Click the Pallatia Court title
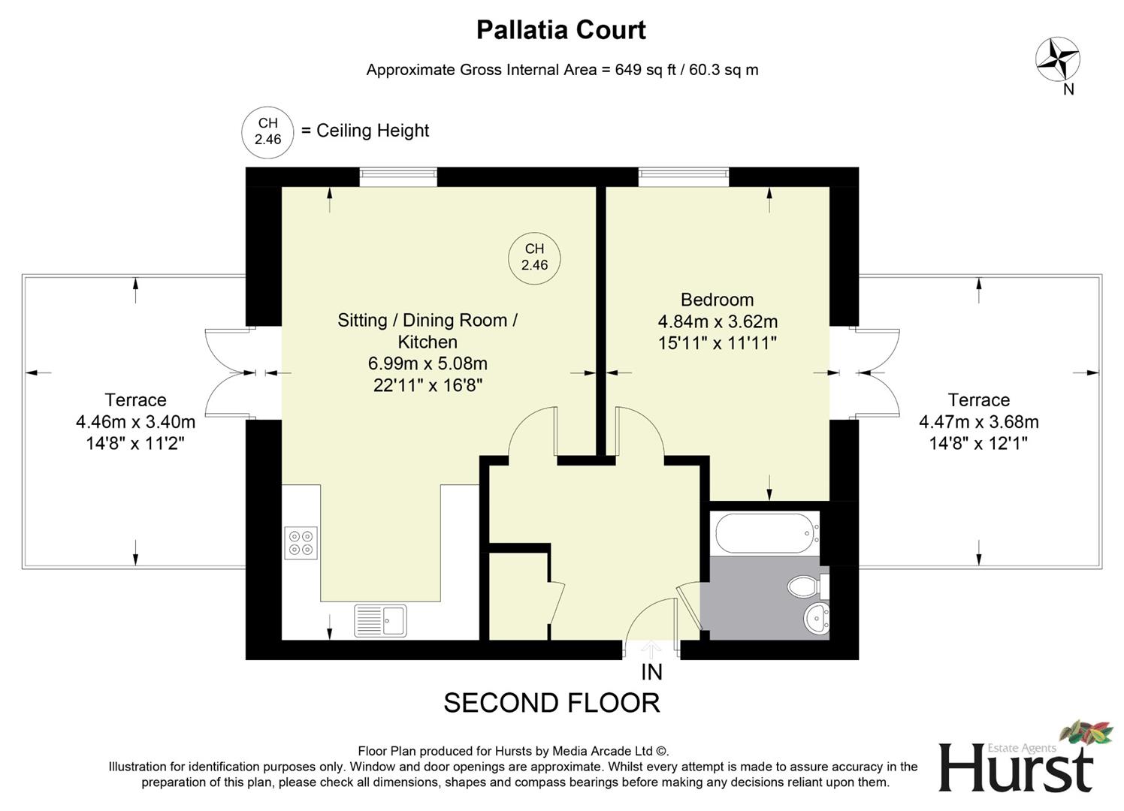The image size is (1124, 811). coord(561,30)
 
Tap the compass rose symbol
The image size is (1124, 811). coord(1057,59)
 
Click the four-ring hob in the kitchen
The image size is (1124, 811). coord(301,543)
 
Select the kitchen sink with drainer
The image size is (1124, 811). coord(380,620)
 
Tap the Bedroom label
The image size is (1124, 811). coord(717,300)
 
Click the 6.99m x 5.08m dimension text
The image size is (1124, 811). coord(427,363)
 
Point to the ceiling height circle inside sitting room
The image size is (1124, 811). coord(534,257)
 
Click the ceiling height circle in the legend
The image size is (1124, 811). coord(267,131)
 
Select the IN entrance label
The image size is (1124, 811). coord(651,672)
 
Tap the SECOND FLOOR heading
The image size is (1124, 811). coord(551,704)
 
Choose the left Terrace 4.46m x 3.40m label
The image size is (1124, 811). coord(135,421)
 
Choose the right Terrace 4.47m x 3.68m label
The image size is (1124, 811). coord(978,421)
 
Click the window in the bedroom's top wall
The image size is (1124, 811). coord(683,176)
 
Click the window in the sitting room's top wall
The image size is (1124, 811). coord(397,176)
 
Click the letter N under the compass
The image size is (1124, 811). coord(1068,89)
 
